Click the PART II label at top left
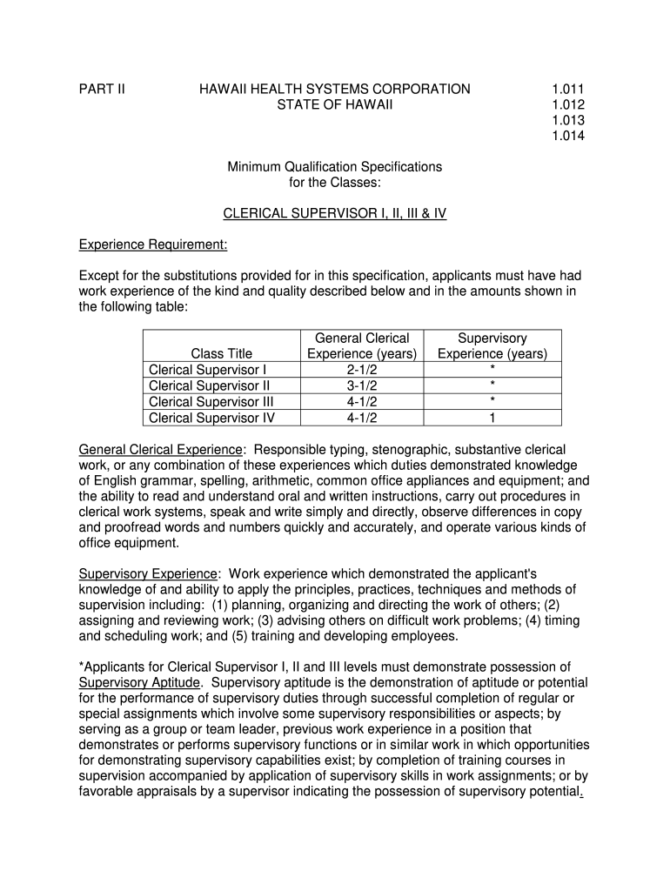pos(102,89)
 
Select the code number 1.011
pos(567,89)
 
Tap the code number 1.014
pos(567,136)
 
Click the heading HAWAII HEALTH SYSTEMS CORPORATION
pos(335,89)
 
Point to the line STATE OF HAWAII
pos(335,104)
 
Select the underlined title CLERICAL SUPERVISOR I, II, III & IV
pos(335,213)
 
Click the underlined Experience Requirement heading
pos(153,245)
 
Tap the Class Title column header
pos(222,353)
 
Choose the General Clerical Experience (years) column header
pos(362,345)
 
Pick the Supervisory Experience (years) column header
pos(492,345)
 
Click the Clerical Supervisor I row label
pos(208,369)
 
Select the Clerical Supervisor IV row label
pos(212,418)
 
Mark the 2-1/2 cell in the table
pos(362,369)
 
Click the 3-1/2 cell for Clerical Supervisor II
pos(362,385)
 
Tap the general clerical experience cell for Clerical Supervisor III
pos(362,401)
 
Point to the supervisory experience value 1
pos(492,418)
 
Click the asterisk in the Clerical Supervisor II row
pos(492,385)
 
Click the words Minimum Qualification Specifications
pos(335,166)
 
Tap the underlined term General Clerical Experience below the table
pos(161,450)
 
